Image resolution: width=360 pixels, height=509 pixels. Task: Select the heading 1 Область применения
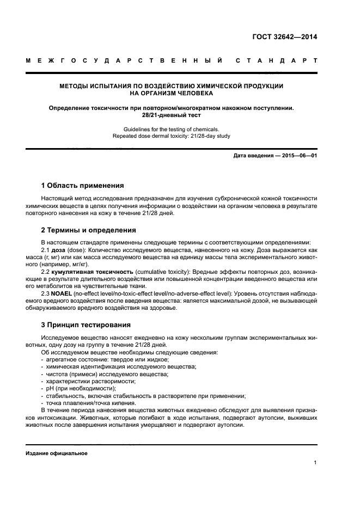(x=82, y=186)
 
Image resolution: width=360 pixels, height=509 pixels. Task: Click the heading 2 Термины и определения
(x=89, y=230)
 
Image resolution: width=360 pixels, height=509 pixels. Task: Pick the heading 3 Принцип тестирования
(x=86, y=325)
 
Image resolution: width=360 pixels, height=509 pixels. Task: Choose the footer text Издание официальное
(x=57, y=453)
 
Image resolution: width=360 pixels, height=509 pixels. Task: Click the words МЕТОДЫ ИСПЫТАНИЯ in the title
(x=94, y=86)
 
